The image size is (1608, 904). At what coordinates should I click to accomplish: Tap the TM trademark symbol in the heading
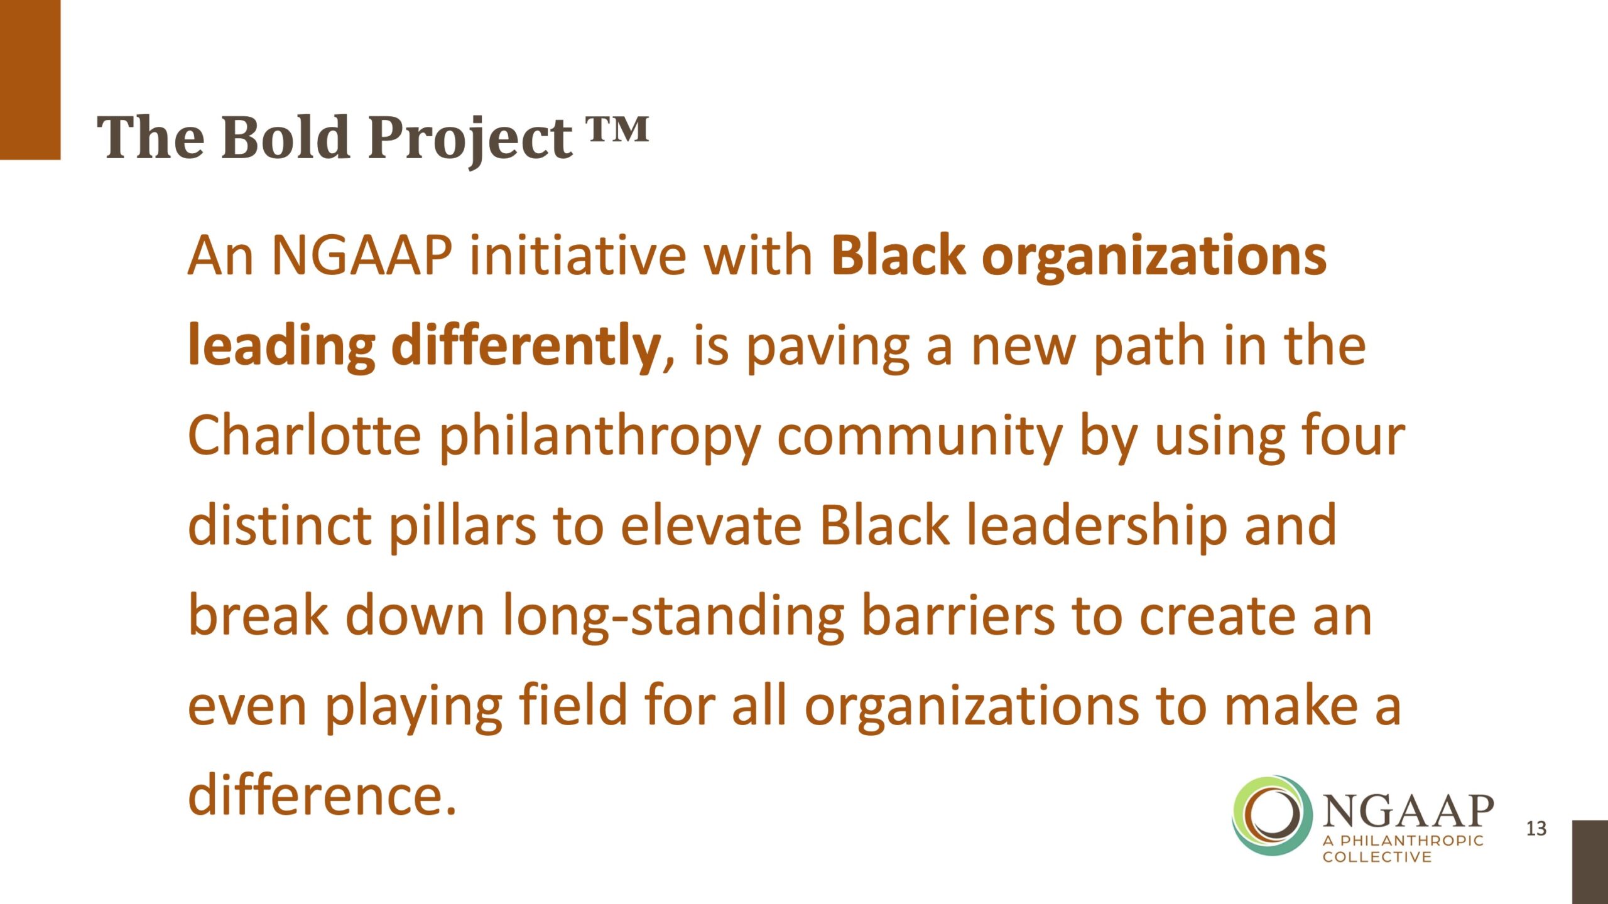tap(618, 129)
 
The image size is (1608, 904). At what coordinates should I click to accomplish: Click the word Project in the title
tap(470, 141)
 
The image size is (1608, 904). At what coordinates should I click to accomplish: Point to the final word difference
tap(322, 795)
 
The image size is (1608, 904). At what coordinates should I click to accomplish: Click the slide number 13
tap(1536, 829)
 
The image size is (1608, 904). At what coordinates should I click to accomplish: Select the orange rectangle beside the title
tap(30, 80)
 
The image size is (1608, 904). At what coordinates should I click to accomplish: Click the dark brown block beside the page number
tap(1590, 862)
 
